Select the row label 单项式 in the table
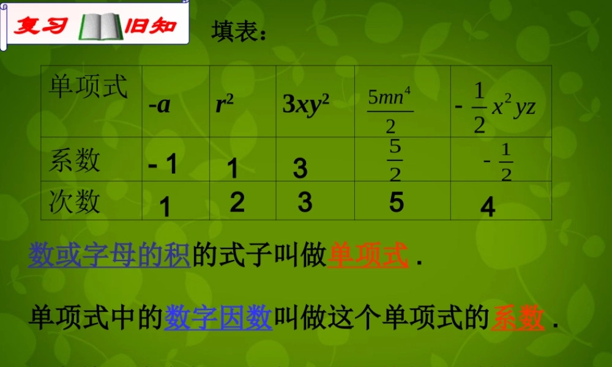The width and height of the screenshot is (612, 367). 89,87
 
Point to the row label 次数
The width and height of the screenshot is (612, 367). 75,201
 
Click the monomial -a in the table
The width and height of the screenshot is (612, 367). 159,105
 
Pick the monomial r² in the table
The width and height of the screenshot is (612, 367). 225,105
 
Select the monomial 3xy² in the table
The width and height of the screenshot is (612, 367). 306,105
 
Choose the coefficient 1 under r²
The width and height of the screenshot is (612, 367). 233,168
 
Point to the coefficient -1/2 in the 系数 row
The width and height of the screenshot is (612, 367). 499,161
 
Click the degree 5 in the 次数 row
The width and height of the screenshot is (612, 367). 397,201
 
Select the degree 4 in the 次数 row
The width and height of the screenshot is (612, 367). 488,208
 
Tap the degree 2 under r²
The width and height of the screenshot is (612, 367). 237,202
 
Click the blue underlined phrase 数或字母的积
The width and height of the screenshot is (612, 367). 110,256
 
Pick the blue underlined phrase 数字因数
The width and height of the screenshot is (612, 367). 218,318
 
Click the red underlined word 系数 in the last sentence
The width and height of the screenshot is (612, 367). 517,318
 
